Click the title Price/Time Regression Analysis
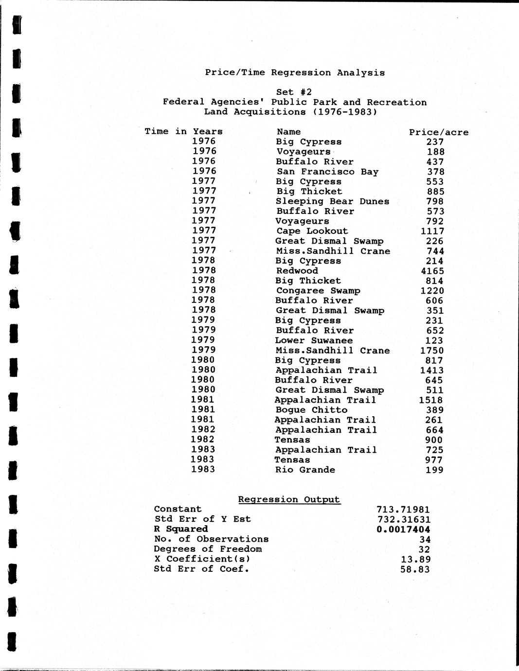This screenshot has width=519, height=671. pos(295,72)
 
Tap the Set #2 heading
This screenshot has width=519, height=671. pos(294,92)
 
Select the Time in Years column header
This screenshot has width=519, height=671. pos(183,131)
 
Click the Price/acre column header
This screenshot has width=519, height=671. pos(439,132)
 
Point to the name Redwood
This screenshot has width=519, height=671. pos(297,271)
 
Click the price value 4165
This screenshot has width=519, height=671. pos(432,271)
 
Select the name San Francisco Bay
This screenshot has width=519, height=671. pos(327,172)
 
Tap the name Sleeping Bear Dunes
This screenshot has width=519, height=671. pos(332,201)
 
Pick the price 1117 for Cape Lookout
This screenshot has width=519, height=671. pos(432,231)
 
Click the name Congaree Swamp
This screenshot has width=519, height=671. pos(318,291)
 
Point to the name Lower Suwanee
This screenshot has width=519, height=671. pos(314,340)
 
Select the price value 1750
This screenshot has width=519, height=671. pos(432,351)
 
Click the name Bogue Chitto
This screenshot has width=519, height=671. pos(311,410)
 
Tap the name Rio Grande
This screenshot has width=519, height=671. pos(305,470)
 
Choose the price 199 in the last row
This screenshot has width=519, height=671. pos(434,470)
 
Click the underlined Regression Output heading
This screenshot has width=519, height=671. pos(289,499)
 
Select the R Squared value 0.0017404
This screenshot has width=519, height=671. pos(403,529)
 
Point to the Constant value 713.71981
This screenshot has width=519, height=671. pos(403,509)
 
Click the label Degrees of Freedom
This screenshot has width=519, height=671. pos(208,549)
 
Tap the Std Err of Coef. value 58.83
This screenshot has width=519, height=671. pos(415,569)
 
